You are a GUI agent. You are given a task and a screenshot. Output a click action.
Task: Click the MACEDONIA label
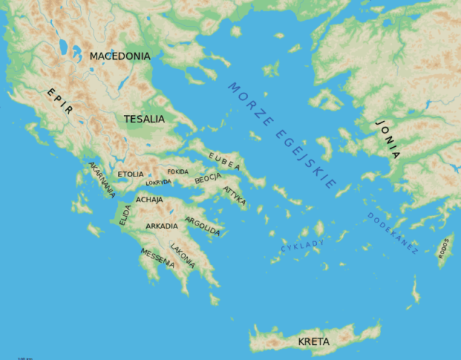(120, 55)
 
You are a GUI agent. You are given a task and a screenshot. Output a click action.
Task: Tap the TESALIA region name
(144, 119)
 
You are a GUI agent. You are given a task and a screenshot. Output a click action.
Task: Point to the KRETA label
(313, 341)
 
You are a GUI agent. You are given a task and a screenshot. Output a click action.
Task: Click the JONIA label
(387, 139)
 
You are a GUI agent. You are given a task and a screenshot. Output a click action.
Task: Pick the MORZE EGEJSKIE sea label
(282, 135)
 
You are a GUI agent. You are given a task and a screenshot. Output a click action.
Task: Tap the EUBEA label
(224, 161)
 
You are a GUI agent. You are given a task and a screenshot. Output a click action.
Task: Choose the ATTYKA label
(235, 196)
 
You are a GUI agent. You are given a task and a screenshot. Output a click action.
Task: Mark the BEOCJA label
(207, 177)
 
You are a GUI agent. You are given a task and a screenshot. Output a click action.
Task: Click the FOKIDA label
(178, 172)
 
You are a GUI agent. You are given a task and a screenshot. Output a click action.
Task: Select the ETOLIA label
(130, 174)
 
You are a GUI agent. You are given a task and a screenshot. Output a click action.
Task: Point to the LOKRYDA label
(158, 183)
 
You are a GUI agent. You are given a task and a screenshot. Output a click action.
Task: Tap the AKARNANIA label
(102, 179)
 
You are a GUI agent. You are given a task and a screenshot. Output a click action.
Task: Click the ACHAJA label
(150, 199)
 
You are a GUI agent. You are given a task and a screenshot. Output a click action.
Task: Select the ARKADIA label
(161, 226)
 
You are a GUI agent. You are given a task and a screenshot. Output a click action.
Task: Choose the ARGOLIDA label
(202, 226)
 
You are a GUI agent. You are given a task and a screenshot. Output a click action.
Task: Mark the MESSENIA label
(158, 258)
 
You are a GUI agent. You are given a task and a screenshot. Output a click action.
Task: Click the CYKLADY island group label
(303, 246)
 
